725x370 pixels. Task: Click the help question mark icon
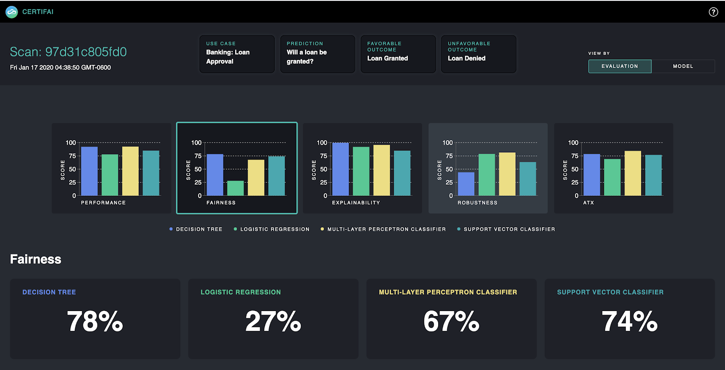(713, 12)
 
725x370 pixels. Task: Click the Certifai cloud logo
(12, 12)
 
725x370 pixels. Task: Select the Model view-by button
(683, 66)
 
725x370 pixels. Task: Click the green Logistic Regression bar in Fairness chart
(235, 188)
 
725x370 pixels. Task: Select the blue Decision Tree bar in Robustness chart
(466, 184)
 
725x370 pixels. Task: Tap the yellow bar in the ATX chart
(633, 173)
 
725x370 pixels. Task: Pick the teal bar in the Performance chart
(151, 173)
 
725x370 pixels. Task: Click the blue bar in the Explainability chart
(340, 169)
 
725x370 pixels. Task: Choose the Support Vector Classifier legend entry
(509, 229)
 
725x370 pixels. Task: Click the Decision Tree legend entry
(198, 229)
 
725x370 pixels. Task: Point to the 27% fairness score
(273, 321)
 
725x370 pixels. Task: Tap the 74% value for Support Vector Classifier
(629, 321)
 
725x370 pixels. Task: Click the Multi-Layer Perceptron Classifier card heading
(448, 292)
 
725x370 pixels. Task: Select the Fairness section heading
(35, 259)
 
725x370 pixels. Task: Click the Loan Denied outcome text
(466, 58)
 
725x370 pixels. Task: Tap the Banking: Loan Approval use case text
(227, 57)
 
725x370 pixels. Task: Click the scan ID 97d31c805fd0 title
(68, 52)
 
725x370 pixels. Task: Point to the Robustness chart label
(477, 203)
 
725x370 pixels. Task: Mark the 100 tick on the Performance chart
(71, 143)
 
